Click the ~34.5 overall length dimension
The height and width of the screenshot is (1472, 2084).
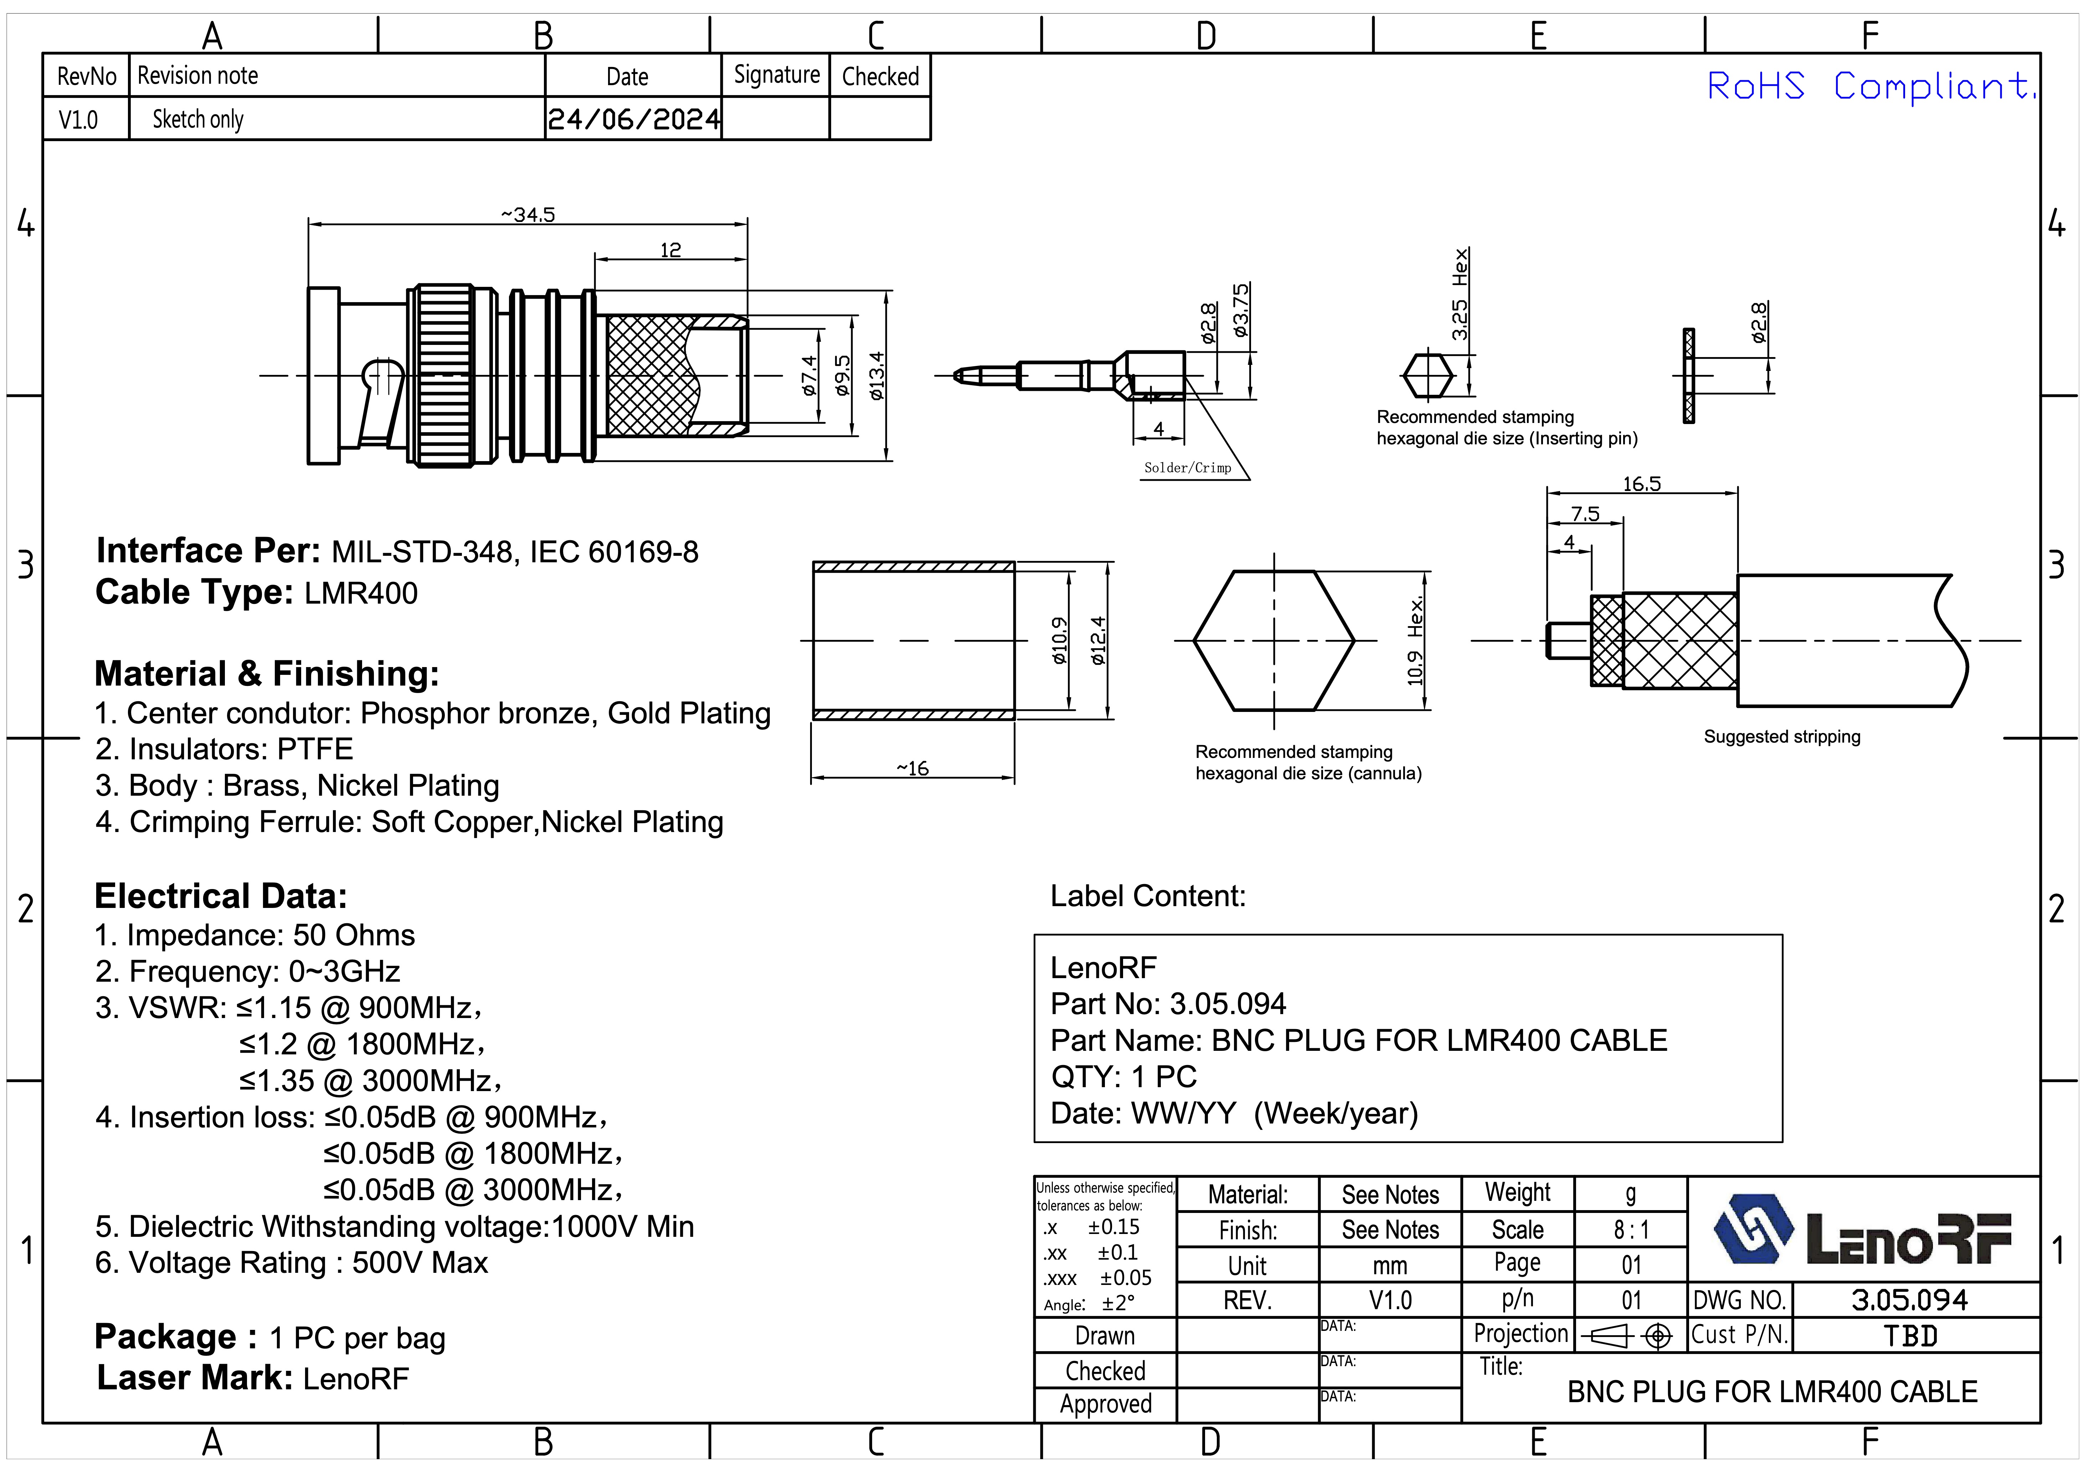pyautogui.click(x=528, y=215)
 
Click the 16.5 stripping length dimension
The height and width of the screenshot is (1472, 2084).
pyautogui.click(x=1641, y=484)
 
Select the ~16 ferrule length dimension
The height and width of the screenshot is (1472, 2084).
pyautogui.click(x=912, y=769)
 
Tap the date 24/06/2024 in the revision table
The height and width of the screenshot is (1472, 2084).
pyautogui.click(x=634, y=119)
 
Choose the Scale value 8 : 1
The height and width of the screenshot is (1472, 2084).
pyautogui.click(x=1631, y=1230)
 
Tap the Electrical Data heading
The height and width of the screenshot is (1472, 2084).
pyautogui.click(x=221, y=897)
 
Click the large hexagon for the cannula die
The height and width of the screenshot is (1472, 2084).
pyautogui.click(x=1273, y=641)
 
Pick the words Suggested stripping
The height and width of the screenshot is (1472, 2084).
pyautogui.click(x=1781, y=737)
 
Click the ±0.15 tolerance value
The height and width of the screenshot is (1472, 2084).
pyautogui.click(x=1114, y=1227)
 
